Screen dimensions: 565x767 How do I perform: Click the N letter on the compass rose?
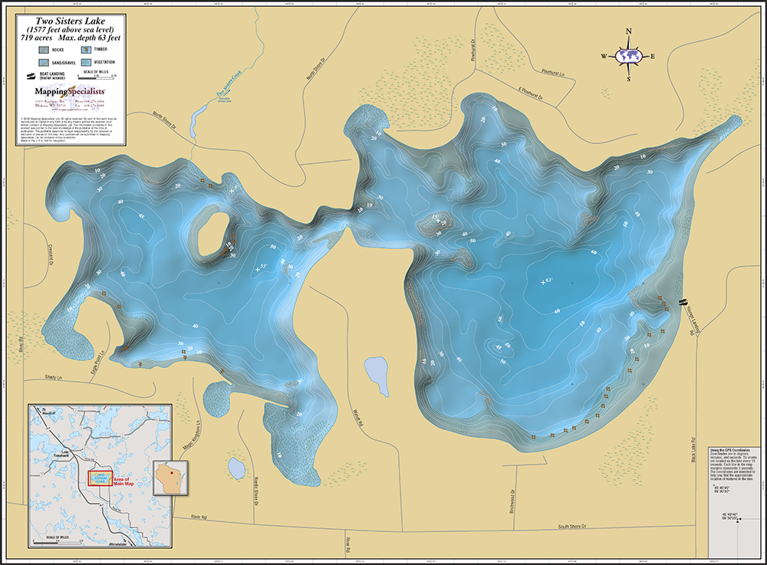click(629, 32)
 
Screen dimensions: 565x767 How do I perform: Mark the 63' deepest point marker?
click(546, 281)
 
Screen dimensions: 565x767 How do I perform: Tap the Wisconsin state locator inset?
click(167, 477)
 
